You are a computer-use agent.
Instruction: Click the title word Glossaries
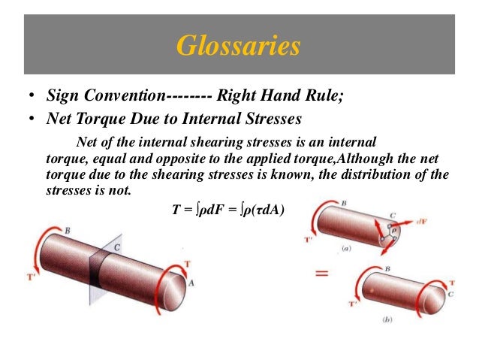coord(238,47)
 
